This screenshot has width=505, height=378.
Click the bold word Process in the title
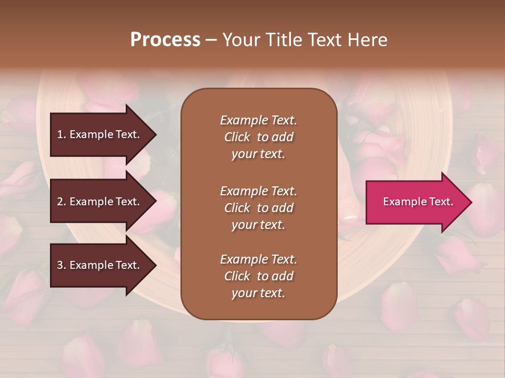click(x=165, y=40)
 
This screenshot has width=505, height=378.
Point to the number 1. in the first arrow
click(x=62, y=135)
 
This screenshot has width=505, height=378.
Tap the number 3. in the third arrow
click(x=62, y=266)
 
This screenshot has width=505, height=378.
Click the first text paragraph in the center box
click(x=258, y=137)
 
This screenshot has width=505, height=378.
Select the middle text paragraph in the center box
click(x=258, y=208)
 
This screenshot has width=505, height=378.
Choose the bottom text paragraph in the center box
click(x=258, y=276)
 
